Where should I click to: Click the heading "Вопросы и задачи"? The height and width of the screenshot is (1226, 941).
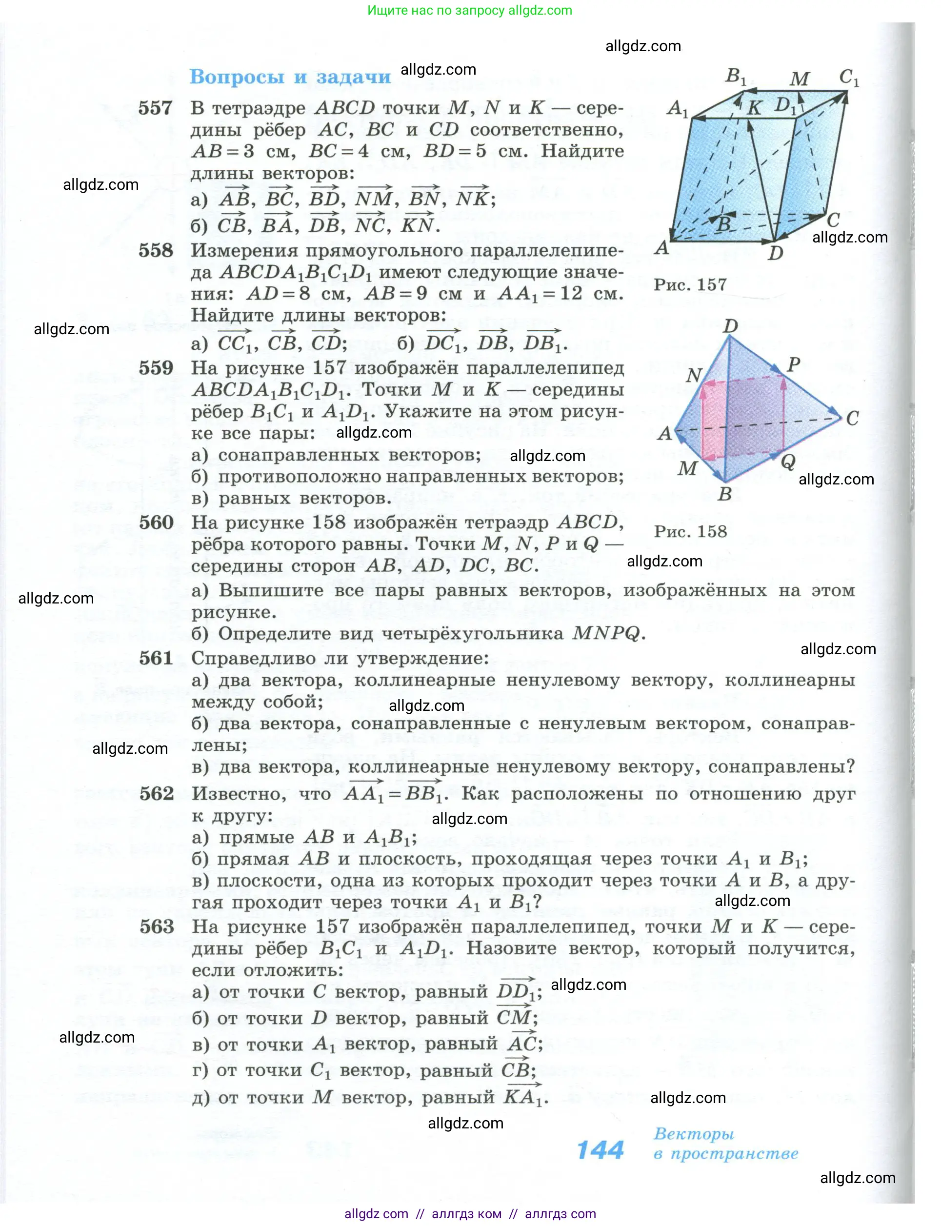290,77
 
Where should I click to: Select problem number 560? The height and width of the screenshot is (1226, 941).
156,523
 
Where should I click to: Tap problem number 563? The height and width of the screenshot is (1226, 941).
157,927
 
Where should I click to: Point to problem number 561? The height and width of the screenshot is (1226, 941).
156,658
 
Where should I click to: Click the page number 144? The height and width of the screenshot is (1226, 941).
600,1150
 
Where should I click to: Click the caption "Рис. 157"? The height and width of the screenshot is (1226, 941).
690,284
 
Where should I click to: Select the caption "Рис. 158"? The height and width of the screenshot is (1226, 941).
690,531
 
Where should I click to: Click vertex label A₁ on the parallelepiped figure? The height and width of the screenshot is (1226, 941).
677,107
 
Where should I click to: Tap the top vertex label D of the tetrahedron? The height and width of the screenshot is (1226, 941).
730,326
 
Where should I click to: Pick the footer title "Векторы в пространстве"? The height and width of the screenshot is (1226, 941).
725,1144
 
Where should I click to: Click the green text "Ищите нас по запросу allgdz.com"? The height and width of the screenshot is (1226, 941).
470,10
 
